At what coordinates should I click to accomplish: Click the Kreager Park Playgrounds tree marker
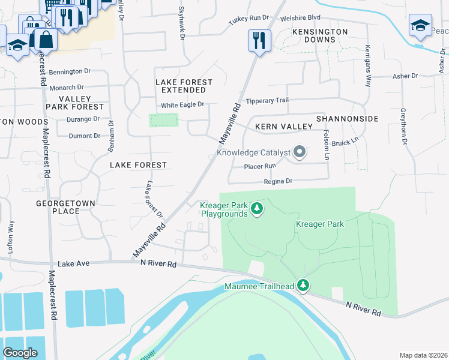[x=257, y=209]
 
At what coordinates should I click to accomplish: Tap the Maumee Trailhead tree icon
[x=304, y=286]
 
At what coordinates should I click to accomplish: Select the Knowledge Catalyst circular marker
[x=299, y=152]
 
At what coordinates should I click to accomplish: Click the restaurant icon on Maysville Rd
[x=259, y=40]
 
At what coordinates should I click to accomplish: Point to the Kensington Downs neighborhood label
[x=320, y=35]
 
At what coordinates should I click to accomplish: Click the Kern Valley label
[x=283, y=127]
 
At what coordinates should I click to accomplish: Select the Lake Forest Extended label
[x=184, y=86]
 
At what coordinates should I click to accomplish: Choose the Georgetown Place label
[x=66, y=207]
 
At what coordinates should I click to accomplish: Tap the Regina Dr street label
[x=278, y=181]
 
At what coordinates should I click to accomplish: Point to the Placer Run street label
[x=260, y=166]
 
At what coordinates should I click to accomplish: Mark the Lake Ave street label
[x=74, y=263]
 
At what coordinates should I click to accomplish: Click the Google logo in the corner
[x=20, y=352]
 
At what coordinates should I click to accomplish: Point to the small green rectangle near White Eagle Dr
[x=164, y=120]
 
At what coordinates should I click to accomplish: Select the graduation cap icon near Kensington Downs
[x=420, y=25]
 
